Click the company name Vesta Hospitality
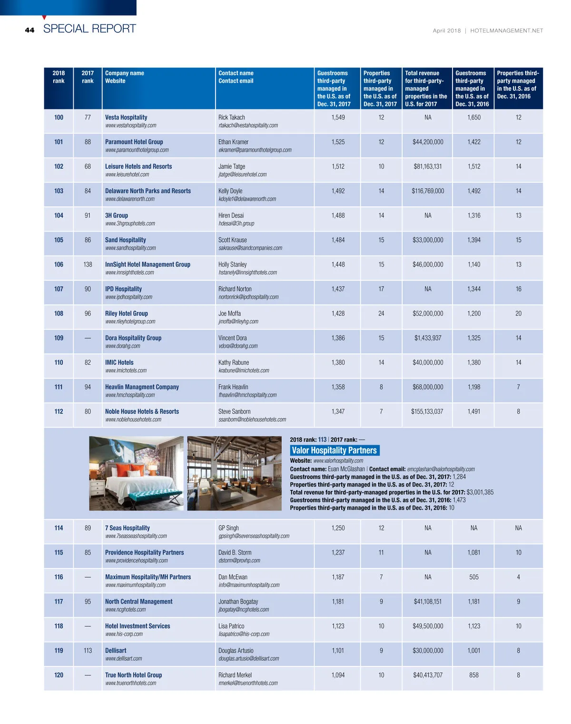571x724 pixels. point(126,117)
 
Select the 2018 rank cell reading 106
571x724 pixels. point(59,264)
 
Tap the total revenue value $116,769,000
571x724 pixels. point(428,191)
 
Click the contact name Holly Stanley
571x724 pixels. point(232,264)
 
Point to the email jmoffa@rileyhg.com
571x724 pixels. point(238,322)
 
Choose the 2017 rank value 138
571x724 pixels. point(88,264)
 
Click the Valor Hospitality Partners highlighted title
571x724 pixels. point(334,450)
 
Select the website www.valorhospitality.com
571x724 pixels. point(338,460)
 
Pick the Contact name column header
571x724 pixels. point(236,73)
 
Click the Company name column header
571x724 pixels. point(124,73)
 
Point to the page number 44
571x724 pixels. point(30,30)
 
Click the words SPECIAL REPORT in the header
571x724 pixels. point(89,29)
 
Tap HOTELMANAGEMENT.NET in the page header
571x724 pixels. point(506,31)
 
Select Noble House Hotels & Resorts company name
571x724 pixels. point(142,411)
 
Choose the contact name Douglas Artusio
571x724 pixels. point(236,651)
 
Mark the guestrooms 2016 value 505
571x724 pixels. point(473,577)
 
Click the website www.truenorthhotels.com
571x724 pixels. point(130,683)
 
